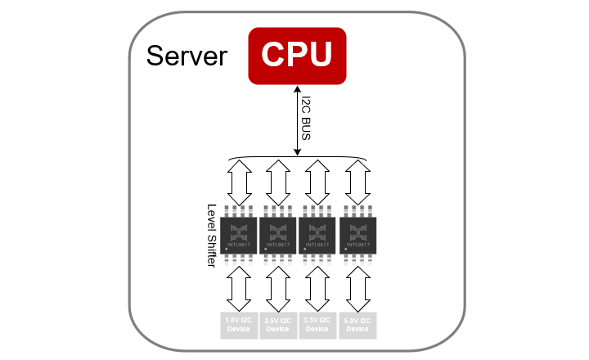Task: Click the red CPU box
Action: point(296,55)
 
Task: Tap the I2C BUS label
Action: point(307,119)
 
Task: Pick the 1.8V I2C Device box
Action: point(239,325)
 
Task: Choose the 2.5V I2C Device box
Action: point(278,325)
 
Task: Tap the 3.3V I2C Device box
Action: point(317,325)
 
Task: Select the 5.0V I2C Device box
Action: point(357,325)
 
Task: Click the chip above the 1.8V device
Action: point(239,233)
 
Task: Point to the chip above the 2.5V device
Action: point(278,233)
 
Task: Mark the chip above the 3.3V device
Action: point(317,233)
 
